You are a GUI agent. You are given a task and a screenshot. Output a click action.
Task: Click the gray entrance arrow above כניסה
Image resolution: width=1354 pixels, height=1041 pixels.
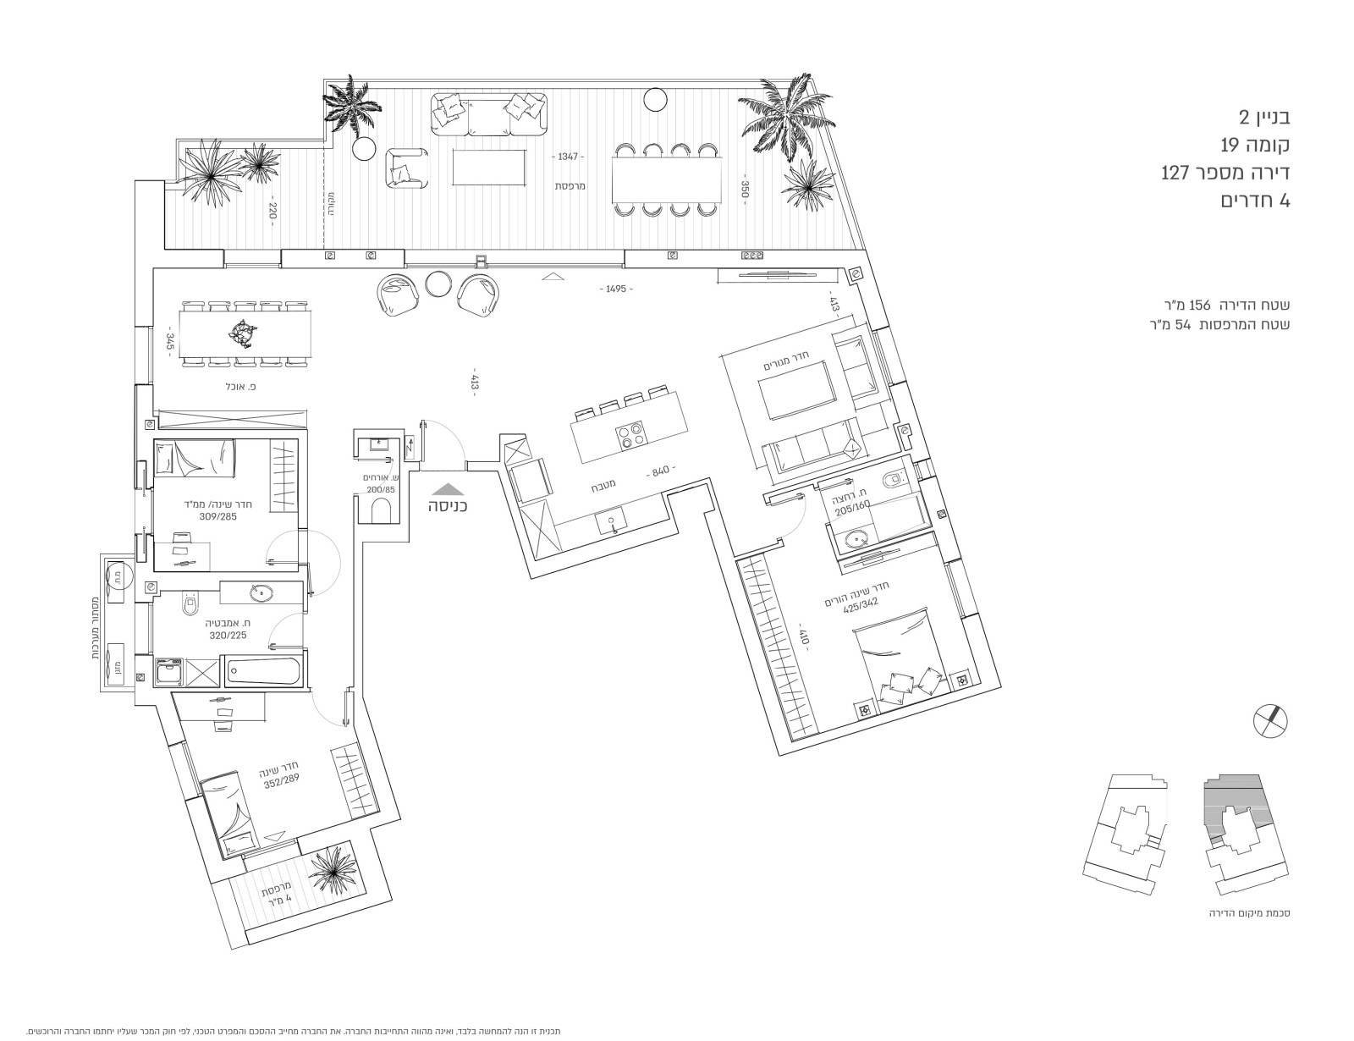447,488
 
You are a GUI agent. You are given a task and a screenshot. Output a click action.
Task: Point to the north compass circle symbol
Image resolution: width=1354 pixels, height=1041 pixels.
1270,719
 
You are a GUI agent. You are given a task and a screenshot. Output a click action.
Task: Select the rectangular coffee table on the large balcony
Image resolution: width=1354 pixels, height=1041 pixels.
489,166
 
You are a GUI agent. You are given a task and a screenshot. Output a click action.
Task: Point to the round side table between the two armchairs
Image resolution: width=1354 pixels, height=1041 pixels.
438,284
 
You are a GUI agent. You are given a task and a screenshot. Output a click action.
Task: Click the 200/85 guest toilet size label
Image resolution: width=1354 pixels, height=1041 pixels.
380,489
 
